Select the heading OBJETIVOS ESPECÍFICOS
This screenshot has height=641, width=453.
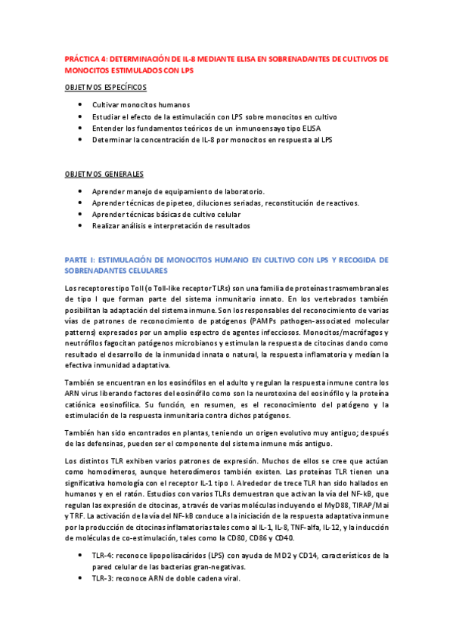(x=106, y=87)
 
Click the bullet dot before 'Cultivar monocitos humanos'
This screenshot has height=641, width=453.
(x=80, y=105)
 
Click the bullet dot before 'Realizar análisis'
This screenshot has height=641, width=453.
(x=80, y=226)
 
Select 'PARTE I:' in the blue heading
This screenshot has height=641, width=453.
(x=81, y=259)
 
